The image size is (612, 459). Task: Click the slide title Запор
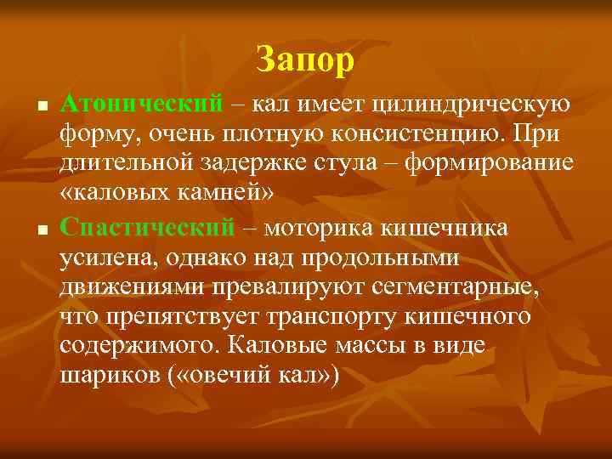[305, 59]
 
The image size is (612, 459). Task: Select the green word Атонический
[142, 104]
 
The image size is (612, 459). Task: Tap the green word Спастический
[147, 227]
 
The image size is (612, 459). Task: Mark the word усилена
[105, 258]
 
